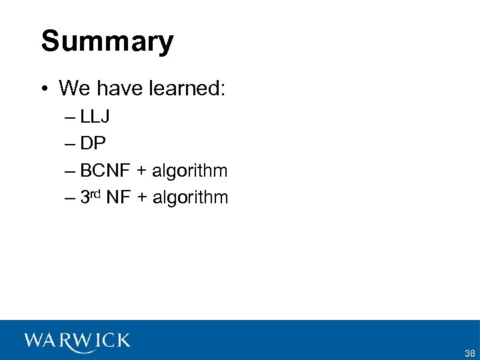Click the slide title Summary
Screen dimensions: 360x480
click(x=107, y=41)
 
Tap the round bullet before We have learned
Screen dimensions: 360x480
click(x=44, y=88)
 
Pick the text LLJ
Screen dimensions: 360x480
click(x=95, y=117)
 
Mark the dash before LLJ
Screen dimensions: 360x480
click(x=71, y=118)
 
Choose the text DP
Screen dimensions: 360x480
click(x=93, y=144)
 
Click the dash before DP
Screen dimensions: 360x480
click(x=71, y=145)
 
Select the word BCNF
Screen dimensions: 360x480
click(x=105, y=171)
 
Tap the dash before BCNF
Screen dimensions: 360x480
click(x=71, y=171)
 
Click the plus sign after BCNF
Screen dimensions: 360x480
click(x=141, y=171)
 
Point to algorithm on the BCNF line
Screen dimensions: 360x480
click(x=190, y=171)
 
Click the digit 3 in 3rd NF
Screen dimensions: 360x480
click(x=85, y=197)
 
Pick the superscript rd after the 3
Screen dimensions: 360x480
click(x=95, y=194)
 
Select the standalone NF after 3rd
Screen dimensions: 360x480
click(x=117, y=197)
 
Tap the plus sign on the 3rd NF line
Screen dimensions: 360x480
click(x=142, y=198)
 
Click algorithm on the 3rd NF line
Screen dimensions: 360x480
click(x=191, y=198)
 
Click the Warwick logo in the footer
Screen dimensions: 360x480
click(x=77, y=341)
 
